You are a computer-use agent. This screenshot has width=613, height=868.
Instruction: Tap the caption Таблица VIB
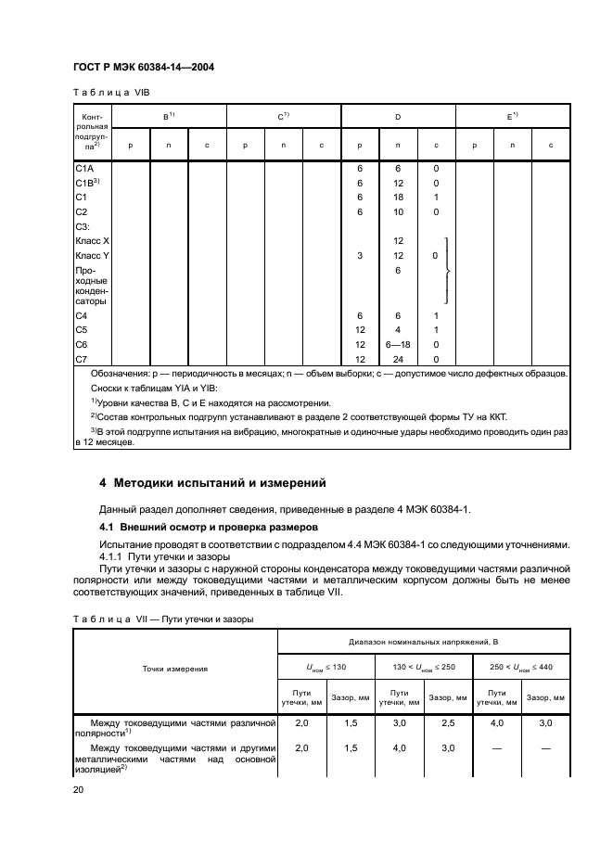coord(109,94)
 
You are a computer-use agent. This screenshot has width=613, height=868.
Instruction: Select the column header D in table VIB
coord(398,117)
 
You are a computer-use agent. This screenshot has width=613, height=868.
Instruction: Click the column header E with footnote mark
coord(512,117)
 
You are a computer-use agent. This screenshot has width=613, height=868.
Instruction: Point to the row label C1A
coord(83,170)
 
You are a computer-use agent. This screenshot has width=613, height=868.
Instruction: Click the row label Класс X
coord(92,240)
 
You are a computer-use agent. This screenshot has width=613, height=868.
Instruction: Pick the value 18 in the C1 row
coord(398,198)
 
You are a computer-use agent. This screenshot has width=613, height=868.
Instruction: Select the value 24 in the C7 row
coord(398,359)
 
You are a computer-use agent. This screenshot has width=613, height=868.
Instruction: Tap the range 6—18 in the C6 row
coord(398,345)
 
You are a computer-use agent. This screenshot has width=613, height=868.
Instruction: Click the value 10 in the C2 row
coord(398,211)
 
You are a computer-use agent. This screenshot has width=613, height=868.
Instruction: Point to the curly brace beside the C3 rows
coord(450,270)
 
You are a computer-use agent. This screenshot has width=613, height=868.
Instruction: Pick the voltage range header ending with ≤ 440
coord(521,668)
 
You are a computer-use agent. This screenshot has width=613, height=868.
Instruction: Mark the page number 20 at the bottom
coord(80,789)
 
